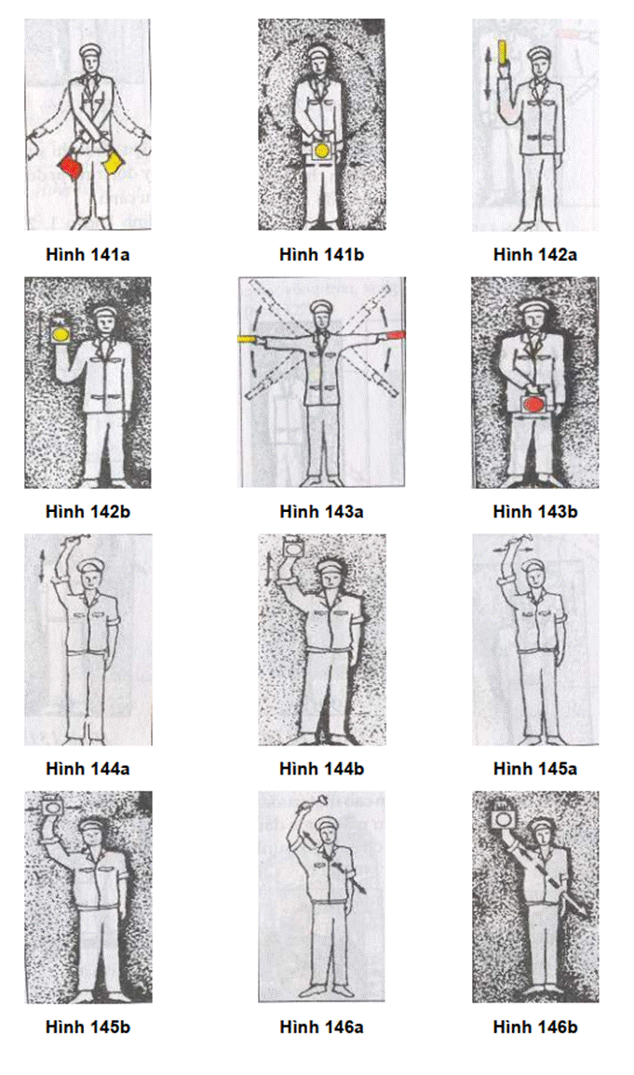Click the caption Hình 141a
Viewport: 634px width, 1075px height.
tap(88, 254)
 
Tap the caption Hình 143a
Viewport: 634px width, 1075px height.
tap(321, 512)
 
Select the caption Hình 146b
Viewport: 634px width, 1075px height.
tap(535, 1027)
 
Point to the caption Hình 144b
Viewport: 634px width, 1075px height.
tap(321, 769)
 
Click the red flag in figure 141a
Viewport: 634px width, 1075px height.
tap(72, 166)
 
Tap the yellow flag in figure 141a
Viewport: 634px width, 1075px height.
tap(112, 163)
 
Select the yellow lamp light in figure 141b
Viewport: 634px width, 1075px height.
tap(321, 150)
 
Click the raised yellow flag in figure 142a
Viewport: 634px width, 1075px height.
tap(504, 52)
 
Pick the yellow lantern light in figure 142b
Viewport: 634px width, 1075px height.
tap(61, 333)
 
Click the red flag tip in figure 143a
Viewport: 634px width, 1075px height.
tap(396, 334)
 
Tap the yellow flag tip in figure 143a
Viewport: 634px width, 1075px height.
tap(247, 339)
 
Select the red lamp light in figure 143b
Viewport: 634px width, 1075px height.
tap(534, 405)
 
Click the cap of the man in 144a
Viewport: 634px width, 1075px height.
tap(90, 567)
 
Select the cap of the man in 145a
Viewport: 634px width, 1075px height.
tap(533, 567)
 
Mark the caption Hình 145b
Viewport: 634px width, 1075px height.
tap(88, 1027)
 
